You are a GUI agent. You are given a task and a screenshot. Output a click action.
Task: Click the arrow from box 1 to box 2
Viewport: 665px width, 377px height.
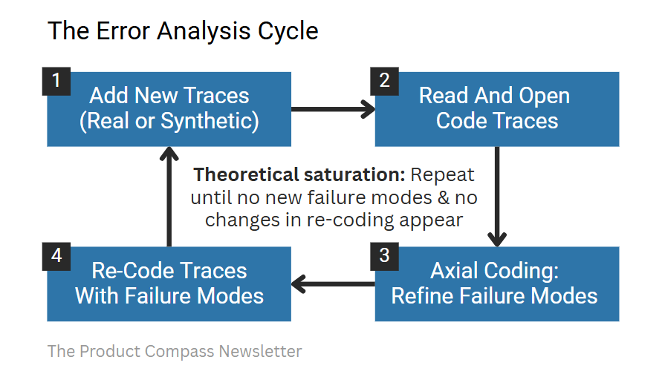(333, 109)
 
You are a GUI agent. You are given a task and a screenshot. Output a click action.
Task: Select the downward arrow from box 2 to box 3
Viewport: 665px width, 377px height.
(497, 196)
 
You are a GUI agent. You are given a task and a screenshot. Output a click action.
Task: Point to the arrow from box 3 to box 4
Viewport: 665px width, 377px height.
(333, 283)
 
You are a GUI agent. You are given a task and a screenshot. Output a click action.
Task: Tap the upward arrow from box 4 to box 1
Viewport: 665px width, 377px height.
(169, 196)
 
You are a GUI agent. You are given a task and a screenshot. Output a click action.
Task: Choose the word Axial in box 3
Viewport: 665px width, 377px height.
(452, 270)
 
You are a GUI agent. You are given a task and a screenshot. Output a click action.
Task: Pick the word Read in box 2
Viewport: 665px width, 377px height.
(444, 96)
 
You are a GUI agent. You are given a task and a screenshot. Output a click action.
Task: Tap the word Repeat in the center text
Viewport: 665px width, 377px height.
(443, 176)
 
